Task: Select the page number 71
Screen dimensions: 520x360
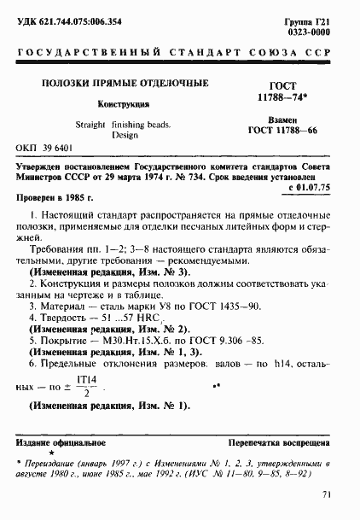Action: [326, 494]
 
